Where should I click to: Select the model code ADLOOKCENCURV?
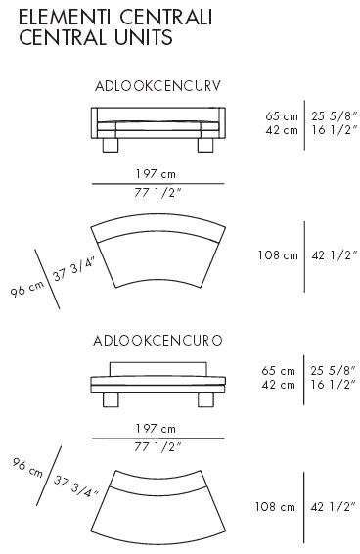[157, 86]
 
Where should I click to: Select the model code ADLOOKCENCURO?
[157, 341]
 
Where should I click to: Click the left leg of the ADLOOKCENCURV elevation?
[110, 145]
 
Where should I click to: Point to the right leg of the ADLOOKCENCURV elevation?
[205, 145]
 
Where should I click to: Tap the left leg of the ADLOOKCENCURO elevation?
[111, 400]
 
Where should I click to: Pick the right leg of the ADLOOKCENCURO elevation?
[206, 400]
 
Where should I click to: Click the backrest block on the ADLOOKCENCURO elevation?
[157, 369]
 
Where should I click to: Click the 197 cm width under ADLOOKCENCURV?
[156, 174]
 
